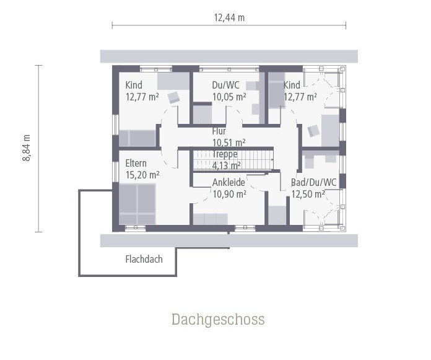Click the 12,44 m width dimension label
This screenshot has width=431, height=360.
(229, 18)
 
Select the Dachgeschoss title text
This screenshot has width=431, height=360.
(218, 320)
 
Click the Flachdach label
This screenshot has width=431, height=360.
(144, 259)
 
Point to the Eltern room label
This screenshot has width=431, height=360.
(136, 164)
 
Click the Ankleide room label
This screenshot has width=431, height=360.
(229, 183)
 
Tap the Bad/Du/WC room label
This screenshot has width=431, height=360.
(313, 183)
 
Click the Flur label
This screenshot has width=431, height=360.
(219, 131)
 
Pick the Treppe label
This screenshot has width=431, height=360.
(225, 154)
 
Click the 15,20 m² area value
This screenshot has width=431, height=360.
(142, 175)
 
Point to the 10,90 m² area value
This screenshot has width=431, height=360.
(229, 194)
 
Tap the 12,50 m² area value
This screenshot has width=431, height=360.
(308, 194)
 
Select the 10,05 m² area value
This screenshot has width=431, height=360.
(229, 97)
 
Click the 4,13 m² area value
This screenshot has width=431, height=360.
(227, 165)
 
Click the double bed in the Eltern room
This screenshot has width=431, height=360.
(137, 204)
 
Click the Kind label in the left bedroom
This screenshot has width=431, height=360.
(134, 86)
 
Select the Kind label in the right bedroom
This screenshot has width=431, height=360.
(292, 86)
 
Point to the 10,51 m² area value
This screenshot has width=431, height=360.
(229, 143)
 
